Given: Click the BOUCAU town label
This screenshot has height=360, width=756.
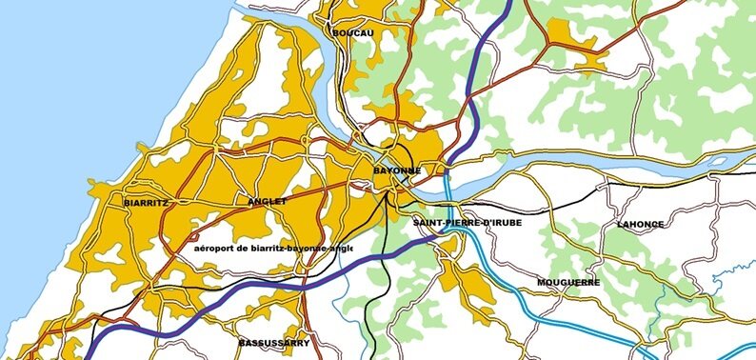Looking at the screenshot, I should [x=353, y=33].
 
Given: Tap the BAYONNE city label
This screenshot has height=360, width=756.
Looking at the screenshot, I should [x=396, y=170].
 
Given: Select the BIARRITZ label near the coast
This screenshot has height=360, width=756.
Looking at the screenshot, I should [x=146, y=203].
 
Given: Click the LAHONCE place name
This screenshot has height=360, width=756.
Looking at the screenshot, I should [x=640, y=225].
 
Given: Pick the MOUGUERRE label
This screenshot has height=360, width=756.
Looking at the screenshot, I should [x=567, y=283].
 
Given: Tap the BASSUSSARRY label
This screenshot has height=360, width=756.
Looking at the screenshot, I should [x=273, y=341].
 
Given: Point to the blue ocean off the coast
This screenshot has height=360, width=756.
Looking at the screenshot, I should [x=76, y=76].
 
